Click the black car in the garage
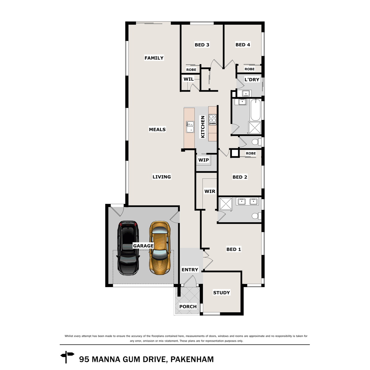click(128, 248)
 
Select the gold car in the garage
click(159, 247)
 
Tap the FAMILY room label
click(154, 58)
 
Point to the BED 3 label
click(202, 45)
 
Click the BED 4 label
click(243, 45)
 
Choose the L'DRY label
click(252, 80)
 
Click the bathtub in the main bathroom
click(256, 110)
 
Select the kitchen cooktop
click(212, 119)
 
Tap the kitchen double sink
click(190, 127)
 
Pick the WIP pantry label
click(203, 160)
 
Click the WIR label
click(210, 191)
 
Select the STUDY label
click(221, 293)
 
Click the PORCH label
click(188, 306)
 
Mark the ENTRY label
click(190, 270)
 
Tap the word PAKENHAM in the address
click(192, 359)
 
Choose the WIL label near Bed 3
click(188, 79)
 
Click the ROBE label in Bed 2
click(251, 153)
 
